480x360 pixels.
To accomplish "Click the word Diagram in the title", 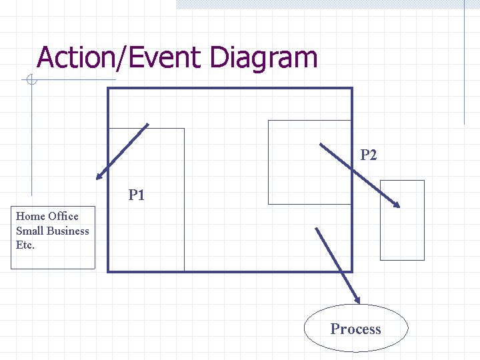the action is coord(263,57).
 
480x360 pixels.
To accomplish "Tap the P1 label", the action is coord(137,195).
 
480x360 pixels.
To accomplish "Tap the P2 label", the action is coord(369,155).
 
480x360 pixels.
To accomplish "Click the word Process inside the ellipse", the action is coord(355,329).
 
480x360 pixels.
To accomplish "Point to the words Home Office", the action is coord(47,216).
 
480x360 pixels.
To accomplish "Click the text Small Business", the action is coord(52,231).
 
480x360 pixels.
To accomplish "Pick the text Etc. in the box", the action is coord(25,245).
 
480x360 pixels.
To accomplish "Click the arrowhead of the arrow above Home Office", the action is coord(99,177).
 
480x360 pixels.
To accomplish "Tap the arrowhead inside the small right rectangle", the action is coord(397,205).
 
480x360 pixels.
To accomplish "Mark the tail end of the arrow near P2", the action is coord(321,143).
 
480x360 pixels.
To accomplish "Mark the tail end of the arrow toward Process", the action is coord(316,228).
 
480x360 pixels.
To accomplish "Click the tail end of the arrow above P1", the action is coord(147,125).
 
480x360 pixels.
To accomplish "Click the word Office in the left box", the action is coord(63,216).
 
